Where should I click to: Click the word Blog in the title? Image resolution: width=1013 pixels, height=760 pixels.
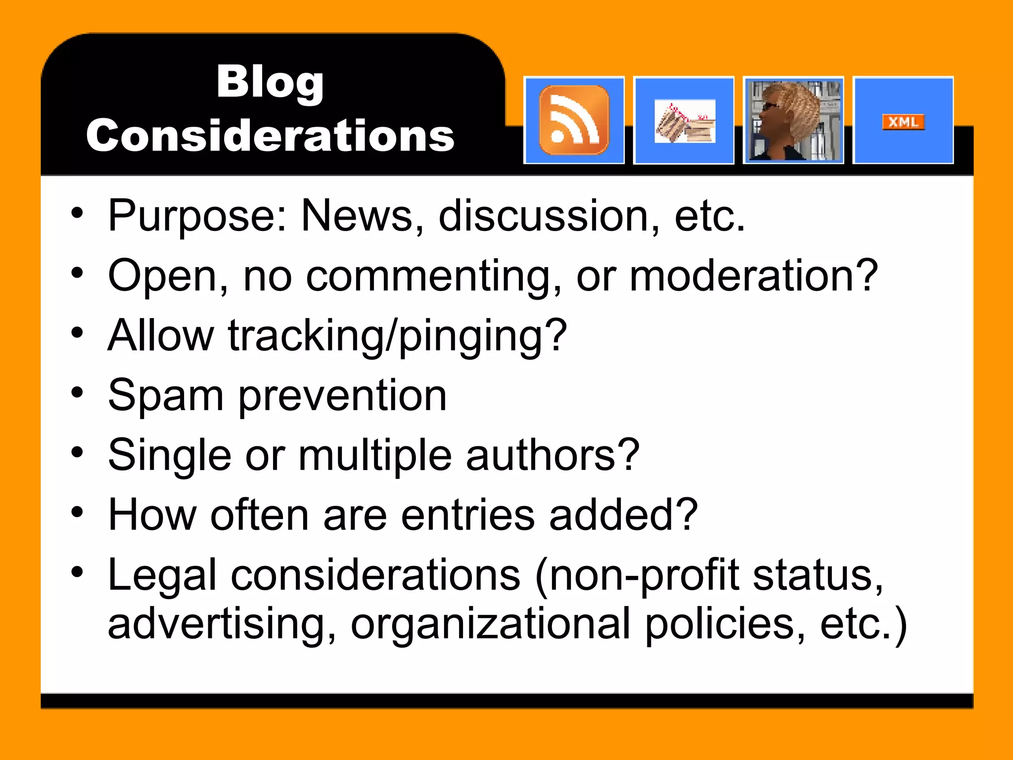(x=270, y=82)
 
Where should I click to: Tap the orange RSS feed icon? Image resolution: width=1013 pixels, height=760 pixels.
(x=574, y=120)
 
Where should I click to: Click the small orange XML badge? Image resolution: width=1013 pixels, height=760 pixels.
(x=903, y=122)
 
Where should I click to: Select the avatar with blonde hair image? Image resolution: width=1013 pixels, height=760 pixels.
(x=793, y=120)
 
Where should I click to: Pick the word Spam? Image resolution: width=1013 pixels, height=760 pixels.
(x=166, y=396)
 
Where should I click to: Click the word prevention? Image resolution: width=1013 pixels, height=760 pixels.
(x=343, y=396)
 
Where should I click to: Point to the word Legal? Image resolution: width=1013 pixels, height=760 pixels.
(x=162, y=575)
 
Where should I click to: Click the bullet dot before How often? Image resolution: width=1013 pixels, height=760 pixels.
(x=77, y=512)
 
